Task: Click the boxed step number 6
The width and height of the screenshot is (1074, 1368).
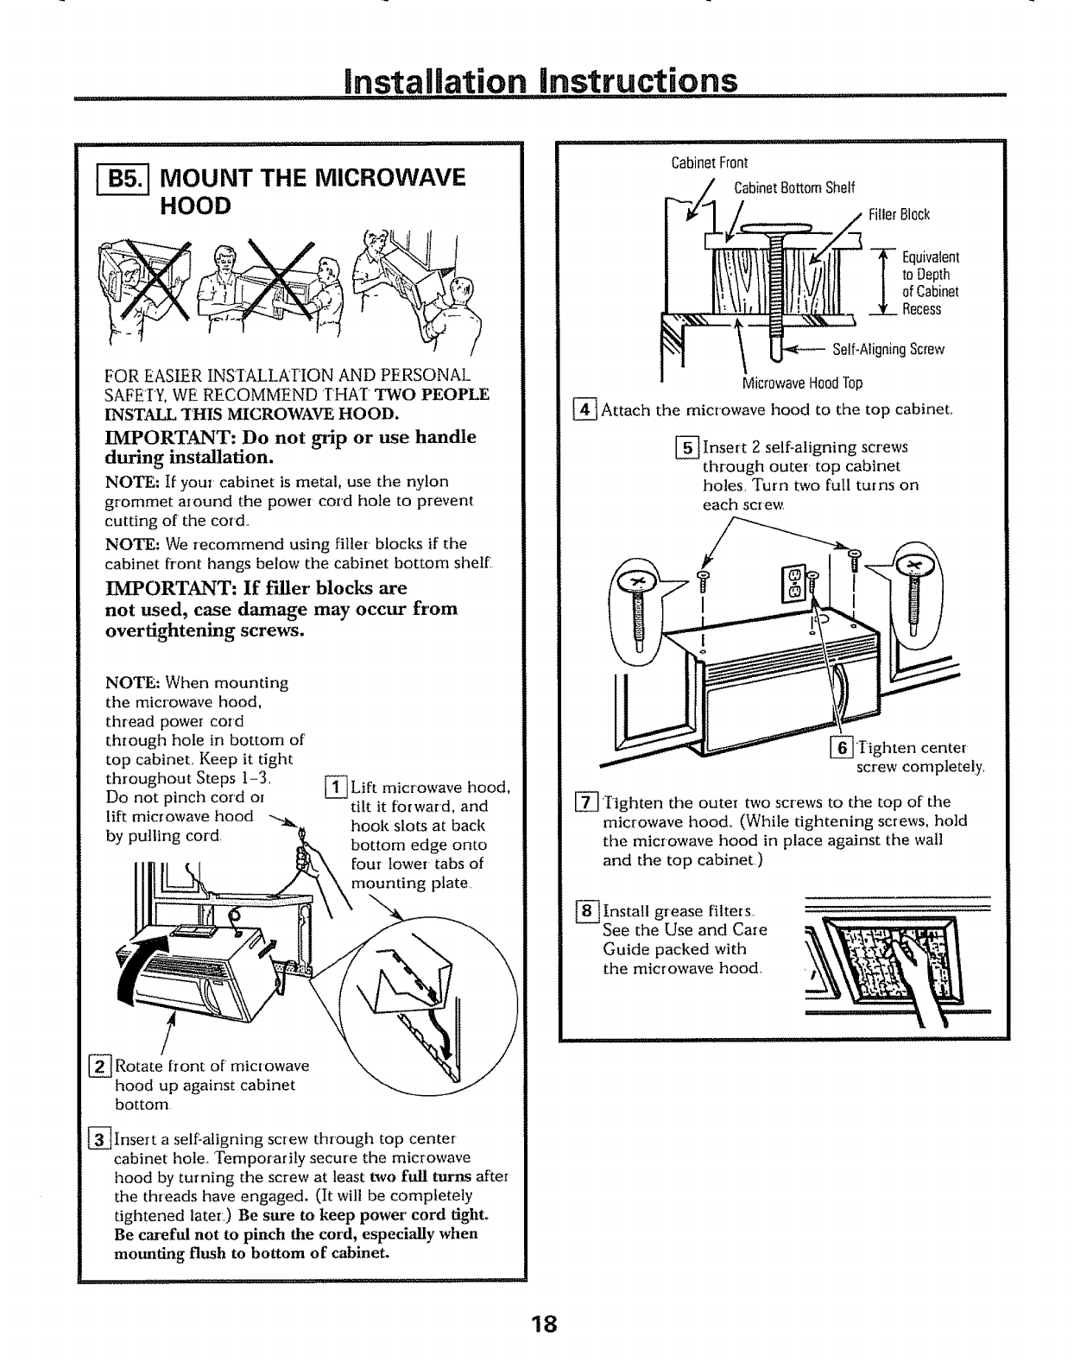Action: [838, 748]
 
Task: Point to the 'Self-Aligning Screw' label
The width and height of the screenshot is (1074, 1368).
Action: [888, 350]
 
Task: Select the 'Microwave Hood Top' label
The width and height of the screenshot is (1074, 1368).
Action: [802, 383]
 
